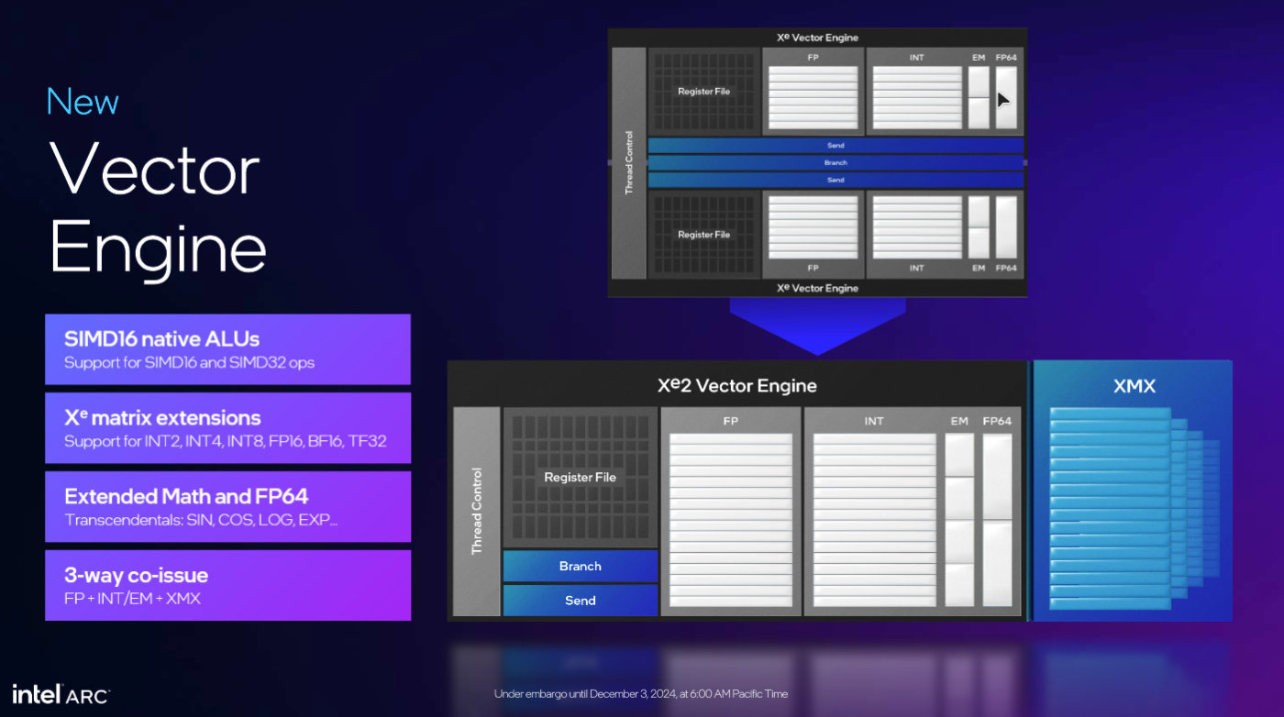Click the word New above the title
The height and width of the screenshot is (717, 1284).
tap(83, 102)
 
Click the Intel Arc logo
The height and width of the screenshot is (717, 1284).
tap(61, 693)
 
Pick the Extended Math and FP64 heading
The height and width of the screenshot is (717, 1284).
tap(186, 497)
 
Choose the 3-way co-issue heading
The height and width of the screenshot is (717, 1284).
tap(136, 576)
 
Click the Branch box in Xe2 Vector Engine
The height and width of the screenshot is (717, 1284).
tap(580, 566)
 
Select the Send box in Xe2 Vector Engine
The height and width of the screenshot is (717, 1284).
tap(580, 600)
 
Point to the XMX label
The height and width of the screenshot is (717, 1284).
tap(1134, 387)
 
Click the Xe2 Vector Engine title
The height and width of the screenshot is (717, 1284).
tap(736, 386)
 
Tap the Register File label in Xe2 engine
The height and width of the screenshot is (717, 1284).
tap(580, 477)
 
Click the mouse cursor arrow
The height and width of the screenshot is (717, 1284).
tap(1003, 99)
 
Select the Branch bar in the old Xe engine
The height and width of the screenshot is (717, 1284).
tap(835, 162)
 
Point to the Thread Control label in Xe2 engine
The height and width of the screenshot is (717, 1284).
tap(476, 511)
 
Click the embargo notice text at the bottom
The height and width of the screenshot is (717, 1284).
tap(640, 693)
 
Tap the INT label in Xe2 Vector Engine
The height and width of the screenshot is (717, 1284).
tap(873, 421)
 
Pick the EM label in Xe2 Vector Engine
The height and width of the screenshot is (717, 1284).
tap(958, 421)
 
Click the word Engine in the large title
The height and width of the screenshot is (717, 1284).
tap(158, 248)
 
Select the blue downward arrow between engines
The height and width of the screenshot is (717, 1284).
tap(817, 325)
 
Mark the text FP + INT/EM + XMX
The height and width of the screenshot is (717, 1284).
tap(132, 599)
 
